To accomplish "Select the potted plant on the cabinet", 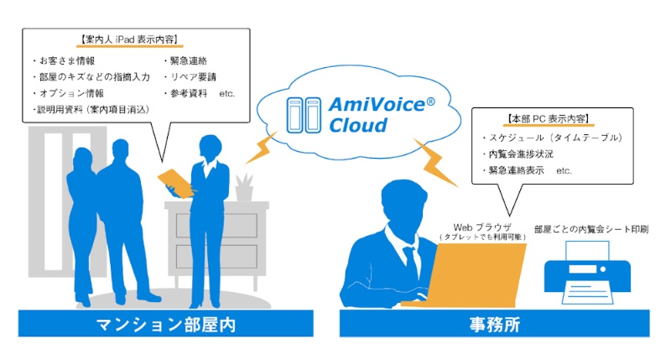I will pyautogui.click(x=244, y=186).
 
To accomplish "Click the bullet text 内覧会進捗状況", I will pyautogui.click(x=523, y=154).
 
